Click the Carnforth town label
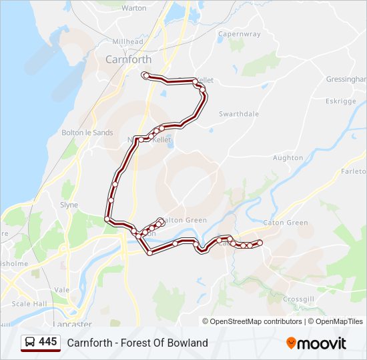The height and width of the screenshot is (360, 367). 128,59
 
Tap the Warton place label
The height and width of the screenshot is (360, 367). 134,8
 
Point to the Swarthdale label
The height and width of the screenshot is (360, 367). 239,114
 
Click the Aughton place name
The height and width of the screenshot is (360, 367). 288,158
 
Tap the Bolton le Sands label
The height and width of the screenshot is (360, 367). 87,133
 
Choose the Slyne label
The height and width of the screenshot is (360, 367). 69,205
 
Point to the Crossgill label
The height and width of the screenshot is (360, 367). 298,300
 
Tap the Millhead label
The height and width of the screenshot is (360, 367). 127,41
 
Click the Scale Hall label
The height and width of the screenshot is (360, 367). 29,304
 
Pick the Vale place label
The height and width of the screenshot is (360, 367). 61,290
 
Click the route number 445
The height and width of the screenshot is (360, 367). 48,342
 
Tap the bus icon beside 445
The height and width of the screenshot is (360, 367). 30,343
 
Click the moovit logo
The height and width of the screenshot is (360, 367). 316,343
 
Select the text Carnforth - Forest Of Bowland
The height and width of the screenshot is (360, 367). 137,343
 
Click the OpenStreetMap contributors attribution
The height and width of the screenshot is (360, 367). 255,321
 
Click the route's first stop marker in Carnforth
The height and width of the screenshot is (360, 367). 145,75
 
